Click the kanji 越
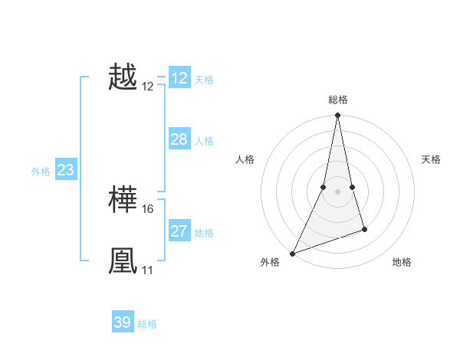[123, 78]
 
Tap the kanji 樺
[123, 201]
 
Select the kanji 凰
[123, 261]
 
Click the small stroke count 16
[148, 209]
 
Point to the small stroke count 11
[147, 270]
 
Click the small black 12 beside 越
[148, 87]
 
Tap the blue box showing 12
[179, 78]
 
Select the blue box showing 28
[179, 139]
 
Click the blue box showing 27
[179, 231]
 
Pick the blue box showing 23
[65, 170]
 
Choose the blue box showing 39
[123, 322]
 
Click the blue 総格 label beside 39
[147, 324]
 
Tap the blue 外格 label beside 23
[41, 172]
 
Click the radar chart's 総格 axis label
[337, 100]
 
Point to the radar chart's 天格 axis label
[432, 159]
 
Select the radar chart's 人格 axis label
[245, 159]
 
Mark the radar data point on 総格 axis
[337, 116]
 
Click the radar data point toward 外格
[292, 254]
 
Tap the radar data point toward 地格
[364, 229]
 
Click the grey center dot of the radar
[337, 191]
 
